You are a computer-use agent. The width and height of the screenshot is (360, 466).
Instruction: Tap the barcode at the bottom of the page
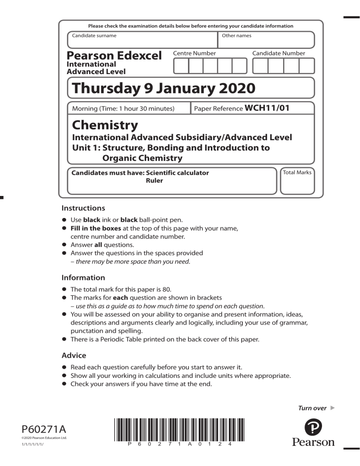180,428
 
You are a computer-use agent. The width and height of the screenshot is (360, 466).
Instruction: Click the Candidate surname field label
94,36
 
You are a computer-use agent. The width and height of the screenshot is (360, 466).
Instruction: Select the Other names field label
237,36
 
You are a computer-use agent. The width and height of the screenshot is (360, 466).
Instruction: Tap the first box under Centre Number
181,66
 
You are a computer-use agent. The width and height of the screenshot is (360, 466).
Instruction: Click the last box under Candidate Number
306,66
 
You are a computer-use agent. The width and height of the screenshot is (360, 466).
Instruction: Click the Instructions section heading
83,208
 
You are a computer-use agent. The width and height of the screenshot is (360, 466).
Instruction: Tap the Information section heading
83,277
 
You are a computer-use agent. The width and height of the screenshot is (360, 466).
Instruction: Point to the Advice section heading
73,355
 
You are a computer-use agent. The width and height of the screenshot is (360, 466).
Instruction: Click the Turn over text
313,408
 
